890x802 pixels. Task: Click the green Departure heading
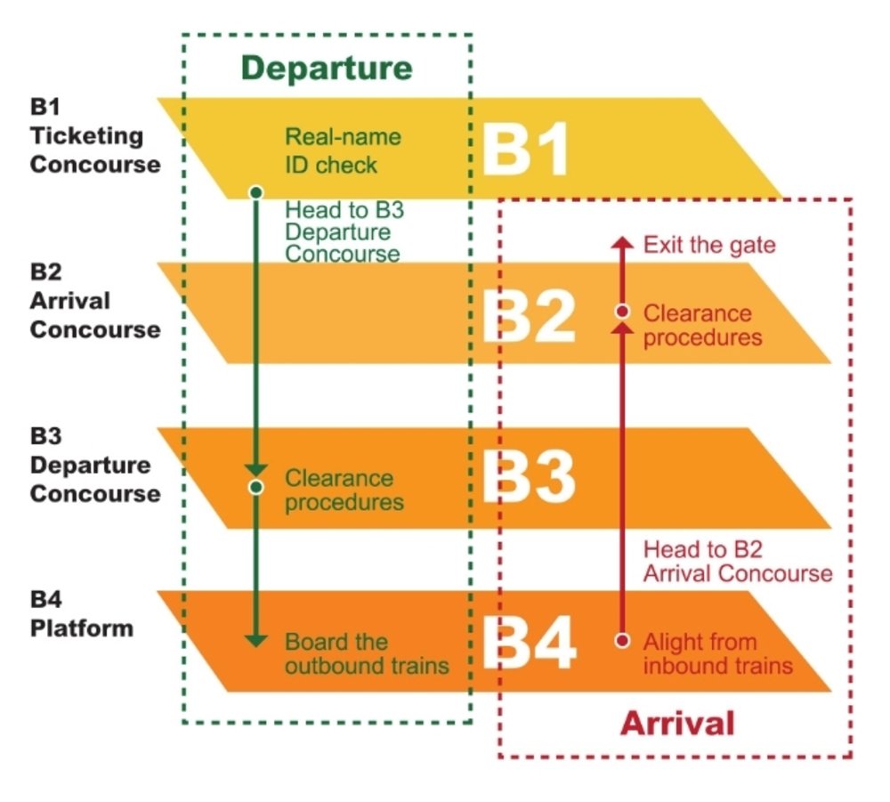point(327,69)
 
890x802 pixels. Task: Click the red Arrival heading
point(677,723)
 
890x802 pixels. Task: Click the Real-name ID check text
point(343,151)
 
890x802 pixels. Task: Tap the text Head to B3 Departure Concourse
point(342,232)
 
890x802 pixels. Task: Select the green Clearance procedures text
point(344,490)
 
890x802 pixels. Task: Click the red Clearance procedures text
point(702,326)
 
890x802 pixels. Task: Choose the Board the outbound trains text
point(367,653)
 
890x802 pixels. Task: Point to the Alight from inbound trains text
point(717,653)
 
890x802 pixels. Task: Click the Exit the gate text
point(709,245)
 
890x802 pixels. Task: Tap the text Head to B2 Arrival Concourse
point(738,562)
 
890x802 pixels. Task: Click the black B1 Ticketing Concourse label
point(95,136)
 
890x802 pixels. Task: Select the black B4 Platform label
point(82,613)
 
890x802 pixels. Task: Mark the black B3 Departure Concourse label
point(95,466)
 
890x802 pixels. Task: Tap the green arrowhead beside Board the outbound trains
point(256,640)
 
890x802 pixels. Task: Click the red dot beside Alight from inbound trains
point(623,640)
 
